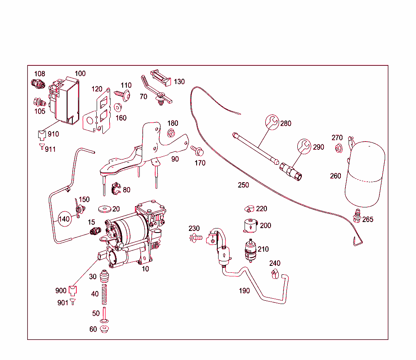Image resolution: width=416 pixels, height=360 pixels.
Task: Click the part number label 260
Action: (336, 176)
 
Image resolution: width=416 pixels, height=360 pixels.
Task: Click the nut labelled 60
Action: (104, 328)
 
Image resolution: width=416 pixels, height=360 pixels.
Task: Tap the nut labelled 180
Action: (171, 132)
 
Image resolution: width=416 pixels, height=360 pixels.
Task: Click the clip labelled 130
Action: (161, 77)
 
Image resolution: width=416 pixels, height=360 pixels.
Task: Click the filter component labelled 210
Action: (250, 249)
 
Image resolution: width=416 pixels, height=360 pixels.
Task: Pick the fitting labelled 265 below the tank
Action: (357, 215)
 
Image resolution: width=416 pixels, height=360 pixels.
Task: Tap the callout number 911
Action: (50, 149)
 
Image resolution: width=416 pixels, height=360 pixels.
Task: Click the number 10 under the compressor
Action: (145, 269)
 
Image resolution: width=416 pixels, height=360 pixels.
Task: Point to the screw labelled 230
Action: (196, 237)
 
